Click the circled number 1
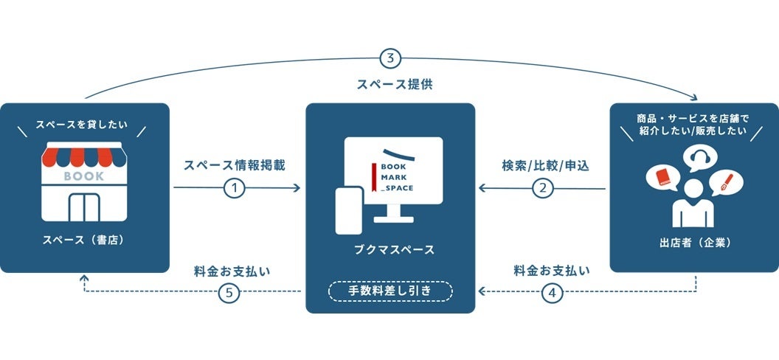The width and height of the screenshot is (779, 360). pos(234,188)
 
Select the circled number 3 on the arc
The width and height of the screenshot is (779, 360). pos(389,57)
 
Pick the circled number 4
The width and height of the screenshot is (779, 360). pos(552,292)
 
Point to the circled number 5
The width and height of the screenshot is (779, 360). pos(229,292)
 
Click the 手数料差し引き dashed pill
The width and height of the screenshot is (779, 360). pos(390,291)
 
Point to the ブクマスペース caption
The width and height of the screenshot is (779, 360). pos(391,249)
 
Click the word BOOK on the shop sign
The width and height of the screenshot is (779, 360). pos(83,177)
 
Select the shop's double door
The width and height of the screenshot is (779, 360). pos(84,207)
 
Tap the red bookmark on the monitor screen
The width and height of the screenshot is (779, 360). pos(375,177)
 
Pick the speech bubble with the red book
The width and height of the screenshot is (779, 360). pos(661,178)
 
